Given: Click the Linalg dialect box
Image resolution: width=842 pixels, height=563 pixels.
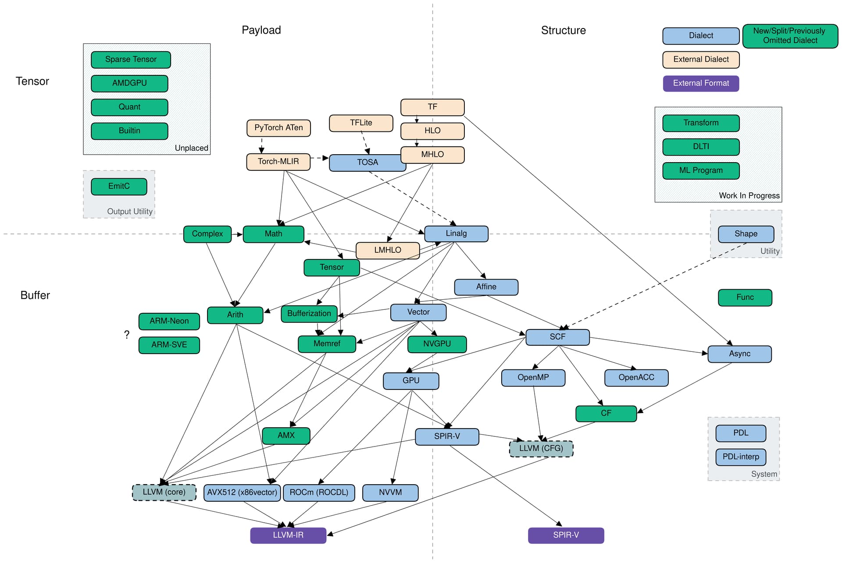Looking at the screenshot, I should pyautogui.click(x=456, y=234).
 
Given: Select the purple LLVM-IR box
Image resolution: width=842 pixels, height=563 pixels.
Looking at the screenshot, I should pyautogui.click(x=288, y=535).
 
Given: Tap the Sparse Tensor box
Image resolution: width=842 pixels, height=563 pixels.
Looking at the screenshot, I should pyautogui.click(x=131, y=60).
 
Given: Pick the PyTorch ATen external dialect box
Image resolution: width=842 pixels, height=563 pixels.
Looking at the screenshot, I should pyautogui.click(x=278, y=128).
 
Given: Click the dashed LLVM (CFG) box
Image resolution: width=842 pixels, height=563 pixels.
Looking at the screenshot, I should pyautogui.click(x=541, y=449).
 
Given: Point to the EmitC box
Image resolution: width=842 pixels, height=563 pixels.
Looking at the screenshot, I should pyautogui.click(x=119, y=186).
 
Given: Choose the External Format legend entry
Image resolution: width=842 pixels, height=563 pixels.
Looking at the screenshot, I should pyautogui.click(x=701, y=83).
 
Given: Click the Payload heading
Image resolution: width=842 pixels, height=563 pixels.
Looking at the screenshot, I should pyautogui.click(x=261, y=30).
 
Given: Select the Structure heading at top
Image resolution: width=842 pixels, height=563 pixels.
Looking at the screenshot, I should pyautogui.click(x=563, y=31).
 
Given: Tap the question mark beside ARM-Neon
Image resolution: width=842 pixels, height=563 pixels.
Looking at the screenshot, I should pyautogui.click(x=127, y=335).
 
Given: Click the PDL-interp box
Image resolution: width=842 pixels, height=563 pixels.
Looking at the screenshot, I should pyautogui.click(x=741, y=457).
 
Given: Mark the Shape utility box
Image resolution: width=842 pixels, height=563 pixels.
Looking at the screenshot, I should pyautogui.click(x=746, y=234).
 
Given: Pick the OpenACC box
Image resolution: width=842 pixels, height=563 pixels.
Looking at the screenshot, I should pyautogui.click(x=636, y=378).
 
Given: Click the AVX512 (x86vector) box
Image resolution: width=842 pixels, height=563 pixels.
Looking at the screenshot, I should pyautogui.click(x=242, y=492).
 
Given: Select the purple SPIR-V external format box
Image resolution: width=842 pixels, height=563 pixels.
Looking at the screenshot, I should pyautogui.click(x=566, y=535).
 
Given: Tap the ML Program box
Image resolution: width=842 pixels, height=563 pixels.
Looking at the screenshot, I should pyautogui.click(x=701, y=170).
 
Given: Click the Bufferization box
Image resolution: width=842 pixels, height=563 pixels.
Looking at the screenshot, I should pyautogui.click(x=309, y=314).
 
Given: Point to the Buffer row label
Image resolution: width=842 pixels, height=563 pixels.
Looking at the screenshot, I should pyautogui.click(x=35, y=295).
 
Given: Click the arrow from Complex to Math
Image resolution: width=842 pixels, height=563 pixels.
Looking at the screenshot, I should pyautogui.click(x=237, y=234).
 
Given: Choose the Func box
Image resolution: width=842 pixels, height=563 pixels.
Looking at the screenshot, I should pyautogui.click(x=745, y=297).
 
